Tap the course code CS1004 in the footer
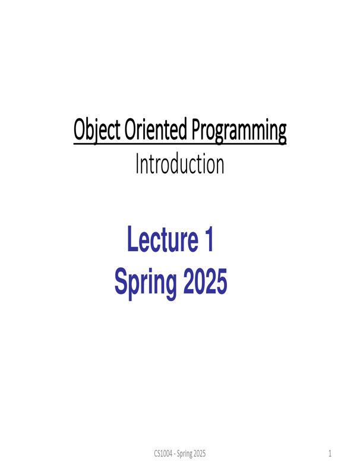point(162,454)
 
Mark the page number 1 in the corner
point(330,454)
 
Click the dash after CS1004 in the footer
point(175,454)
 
